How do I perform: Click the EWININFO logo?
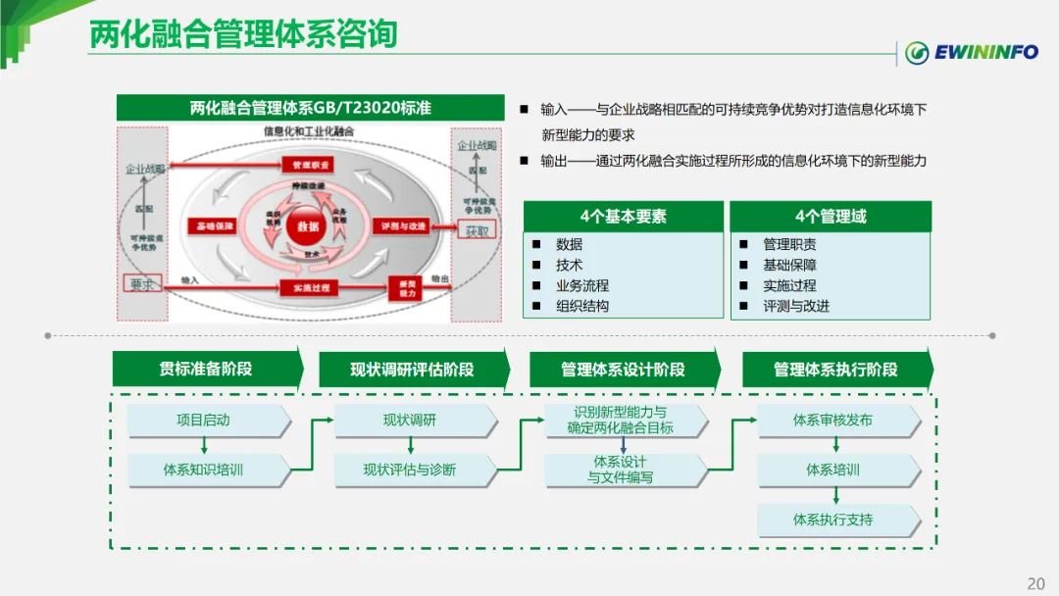click(971, 52)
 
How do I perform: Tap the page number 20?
click(1035, 583)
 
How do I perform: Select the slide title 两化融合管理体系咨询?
click(243, 34)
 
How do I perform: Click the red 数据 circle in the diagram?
click(308, 226)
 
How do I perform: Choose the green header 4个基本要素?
click(623, 217)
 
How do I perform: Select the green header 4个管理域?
click(830, 217)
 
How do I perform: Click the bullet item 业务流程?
click(582, 285)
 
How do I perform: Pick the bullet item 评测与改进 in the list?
click(796, 306)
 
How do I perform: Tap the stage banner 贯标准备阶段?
click(206, 369)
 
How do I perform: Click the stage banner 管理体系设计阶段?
click(623, 370)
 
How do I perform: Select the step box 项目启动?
click(204, 421)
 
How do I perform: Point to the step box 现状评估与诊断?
click(410, 470)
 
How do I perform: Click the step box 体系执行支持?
click(833, 520)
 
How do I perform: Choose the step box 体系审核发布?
click(833, 421)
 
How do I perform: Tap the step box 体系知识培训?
click(204, 470)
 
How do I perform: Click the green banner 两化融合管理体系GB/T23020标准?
click(310, 108)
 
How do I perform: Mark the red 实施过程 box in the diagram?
click(309, 287)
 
